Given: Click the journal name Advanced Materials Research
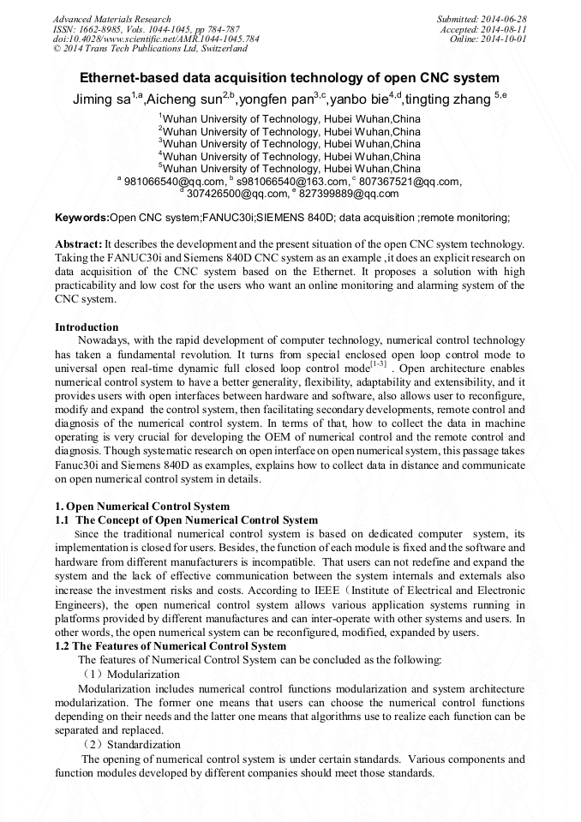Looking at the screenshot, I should pyautogui.click(x=111, y=19).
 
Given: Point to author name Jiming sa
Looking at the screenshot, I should pyautogui.click(x=101, y=99).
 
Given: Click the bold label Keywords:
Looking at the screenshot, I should pyautogui.click(x=82, y=219).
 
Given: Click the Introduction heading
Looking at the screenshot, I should pyautogui.click(x=87, y=327).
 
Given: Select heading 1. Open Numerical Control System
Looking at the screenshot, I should pyautogui.click(x=142, y=506).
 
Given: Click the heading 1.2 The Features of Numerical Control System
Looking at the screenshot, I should pyautogui.click(x=171, y=645).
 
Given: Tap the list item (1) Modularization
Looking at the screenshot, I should pyautogui.click(x=125, y=675).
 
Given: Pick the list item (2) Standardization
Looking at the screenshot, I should pyautogui.click(x=128, y=745).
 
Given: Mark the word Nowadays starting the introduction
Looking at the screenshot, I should pyautogui.click(x=102, y=340).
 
